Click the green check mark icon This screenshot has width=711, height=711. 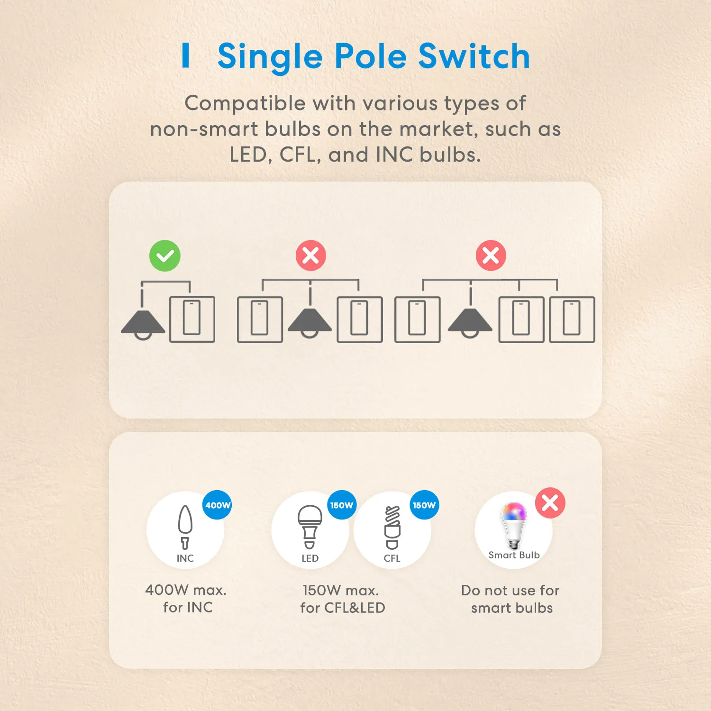(165, 256)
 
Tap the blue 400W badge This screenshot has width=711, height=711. (218, 505)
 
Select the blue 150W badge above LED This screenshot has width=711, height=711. (342, 505)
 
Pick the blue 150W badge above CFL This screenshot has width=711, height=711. (424, 505)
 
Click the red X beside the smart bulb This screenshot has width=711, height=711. (550, 503)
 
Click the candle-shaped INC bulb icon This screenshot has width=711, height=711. (185, 527)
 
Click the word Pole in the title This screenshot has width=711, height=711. (371, 57)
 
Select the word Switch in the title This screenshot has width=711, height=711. (474, 57)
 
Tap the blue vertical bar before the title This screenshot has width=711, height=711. (186, 55)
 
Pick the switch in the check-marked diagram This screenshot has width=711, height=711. (192, 319)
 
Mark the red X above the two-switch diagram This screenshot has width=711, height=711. (311, 256)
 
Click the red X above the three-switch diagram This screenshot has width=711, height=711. (491, 256)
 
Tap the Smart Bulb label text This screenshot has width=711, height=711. (514, 555)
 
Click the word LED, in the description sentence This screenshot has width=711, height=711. (248, 155)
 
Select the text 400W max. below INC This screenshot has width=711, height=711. (186, 590)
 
